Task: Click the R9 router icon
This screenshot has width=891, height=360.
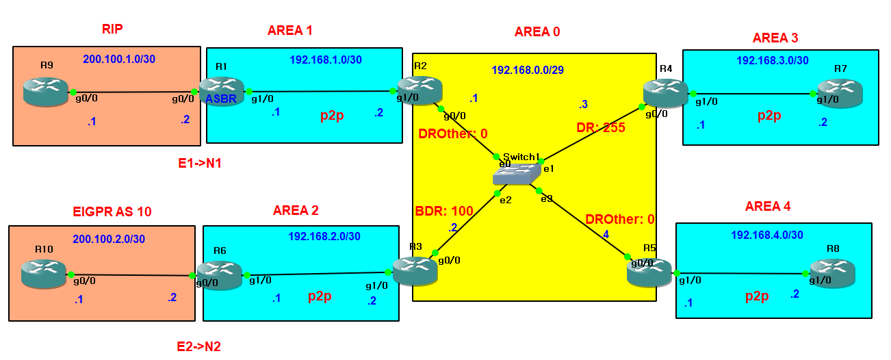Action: pyautogui.click(x=46, y=91)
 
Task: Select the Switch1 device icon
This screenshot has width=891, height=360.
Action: pyautogui.click(x=515, y=176)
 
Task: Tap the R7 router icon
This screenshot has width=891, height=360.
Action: pyautogui.click(x=840, y=94)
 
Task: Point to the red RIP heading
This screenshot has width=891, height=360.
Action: pyautogui.click(x=112, y=29)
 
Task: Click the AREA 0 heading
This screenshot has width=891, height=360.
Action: pyautogui.click(x=537, y=32)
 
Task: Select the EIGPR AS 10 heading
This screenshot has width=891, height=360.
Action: pyautogui.click(x=112, y=211)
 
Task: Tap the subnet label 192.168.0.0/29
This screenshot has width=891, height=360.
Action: pyautogui.click(x=528, y=70)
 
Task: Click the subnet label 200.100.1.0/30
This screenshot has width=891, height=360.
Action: pyautogui.click(x=119, y=60)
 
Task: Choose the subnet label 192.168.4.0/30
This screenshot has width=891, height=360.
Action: pyautogui.click(x=767, y=235)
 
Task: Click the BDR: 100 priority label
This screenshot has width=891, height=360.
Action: pyautogui.click(x=444, y=211)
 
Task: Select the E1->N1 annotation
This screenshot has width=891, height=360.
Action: pyautogui.click(x=198, y=164)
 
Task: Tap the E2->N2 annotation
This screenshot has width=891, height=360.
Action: pyautogui.click(x=198, y=347)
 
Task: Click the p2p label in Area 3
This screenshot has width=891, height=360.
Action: pyautogui.click(x=770, y=116)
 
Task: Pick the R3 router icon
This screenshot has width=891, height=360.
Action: pyautogui.click(x=415, y=269)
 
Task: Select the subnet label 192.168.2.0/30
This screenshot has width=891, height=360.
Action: pyautogui.click(x=324, y=237)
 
